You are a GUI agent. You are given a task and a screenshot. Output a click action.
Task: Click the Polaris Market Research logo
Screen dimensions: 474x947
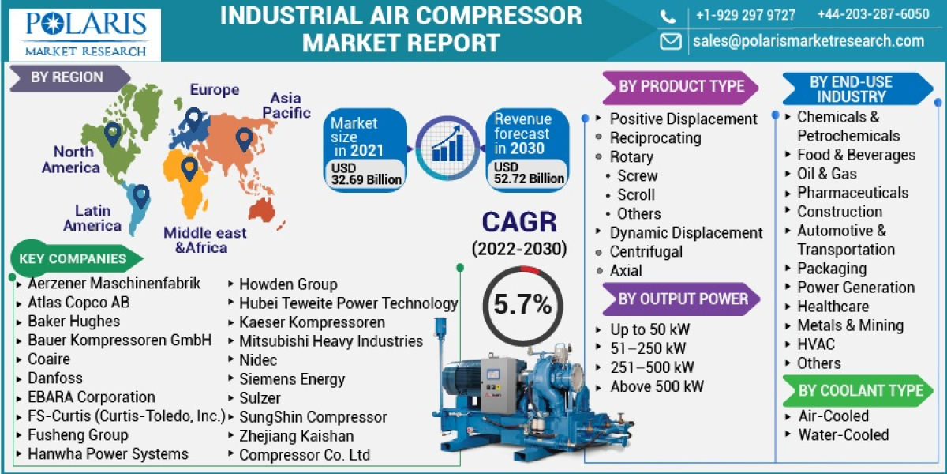pos(85,32)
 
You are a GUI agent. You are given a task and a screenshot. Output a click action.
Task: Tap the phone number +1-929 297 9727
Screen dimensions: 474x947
pos(745,15)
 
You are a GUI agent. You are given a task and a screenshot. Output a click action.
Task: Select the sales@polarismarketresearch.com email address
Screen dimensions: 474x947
pos(808,41)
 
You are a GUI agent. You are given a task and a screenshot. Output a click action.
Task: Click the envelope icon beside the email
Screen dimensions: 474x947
pos(670,41)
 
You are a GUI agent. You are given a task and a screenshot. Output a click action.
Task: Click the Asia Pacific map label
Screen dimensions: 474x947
pos(286,105)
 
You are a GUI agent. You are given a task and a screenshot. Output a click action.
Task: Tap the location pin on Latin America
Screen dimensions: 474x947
pos(140,195)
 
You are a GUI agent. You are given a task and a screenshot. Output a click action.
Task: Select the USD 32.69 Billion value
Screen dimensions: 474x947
pos(365,174)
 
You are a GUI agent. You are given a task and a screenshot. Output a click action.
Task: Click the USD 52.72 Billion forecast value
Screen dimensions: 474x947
pos(529,173)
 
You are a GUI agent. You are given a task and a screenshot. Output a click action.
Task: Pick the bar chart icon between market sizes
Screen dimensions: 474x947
pos(446,149)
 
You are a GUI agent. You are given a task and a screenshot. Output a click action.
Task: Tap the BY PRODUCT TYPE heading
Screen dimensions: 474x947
pos(680,86)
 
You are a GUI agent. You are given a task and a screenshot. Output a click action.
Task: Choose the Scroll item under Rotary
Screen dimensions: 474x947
pos(636,194)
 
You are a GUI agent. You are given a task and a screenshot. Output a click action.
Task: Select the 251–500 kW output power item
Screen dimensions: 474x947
pos(652,367)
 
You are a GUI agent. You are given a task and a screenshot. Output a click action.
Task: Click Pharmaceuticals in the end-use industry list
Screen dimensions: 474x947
pos(852,193)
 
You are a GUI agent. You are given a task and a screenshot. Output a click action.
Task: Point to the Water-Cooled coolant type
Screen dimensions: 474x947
pos(843,434)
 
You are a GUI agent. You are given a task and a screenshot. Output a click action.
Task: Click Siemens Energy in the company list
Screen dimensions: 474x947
pos(292,378)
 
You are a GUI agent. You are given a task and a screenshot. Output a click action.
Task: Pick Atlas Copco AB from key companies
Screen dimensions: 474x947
pos(79,303)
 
